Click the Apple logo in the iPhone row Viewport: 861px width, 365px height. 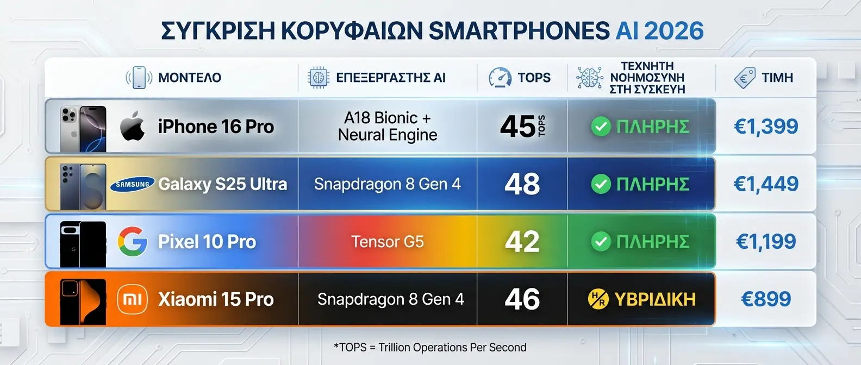pyautogui.click(x=133, y=126)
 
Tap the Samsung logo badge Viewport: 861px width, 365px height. pyautogui.click(x=133, y=184)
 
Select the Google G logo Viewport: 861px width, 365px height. pyautogui.click(x=133, y=241)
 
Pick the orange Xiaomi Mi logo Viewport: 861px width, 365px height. pyautogui.click(x=133, y=299)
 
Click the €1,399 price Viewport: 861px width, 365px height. pyautogui.click(x=766, y=127)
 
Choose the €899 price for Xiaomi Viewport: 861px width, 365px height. pyautogui.click(x=766, y=299)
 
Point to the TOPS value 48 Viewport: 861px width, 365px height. pyautogui.click(x=522, y=184)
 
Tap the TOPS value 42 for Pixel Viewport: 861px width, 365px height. pyautogui.click(x=522, y=241)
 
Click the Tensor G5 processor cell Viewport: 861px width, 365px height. pyautogui.click(x=387, y=241)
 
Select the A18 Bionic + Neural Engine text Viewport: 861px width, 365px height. pyautogui.click(x=387, y=126)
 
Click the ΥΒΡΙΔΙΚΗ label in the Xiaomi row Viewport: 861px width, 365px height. pyautogui.click(x=654, y=299)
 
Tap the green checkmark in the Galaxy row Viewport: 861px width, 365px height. pyautogui.click(x=601, y=184)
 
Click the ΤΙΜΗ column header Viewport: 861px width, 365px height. pyautogui.click(x=777, y=78)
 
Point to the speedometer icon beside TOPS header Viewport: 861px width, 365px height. pyautogui.click(x=500, y=78)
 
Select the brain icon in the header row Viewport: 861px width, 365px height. pyautogui.click(x=589, y=78)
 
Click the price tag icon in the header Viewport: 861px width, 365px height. pyautogui.click(x=745, y=78)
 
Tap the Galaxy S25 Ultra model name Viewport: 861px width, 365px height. pyautogui.click(x=222, y=184)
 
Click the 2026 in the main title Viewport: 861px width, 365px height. pyautogui.click(x=674, y=31)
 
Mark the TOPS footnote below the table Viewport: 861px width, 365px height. pyautogui.click(x=430, y=347)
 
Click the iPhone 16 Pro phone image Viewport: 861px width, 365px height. pyautogui.click(x=83, y=129)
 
